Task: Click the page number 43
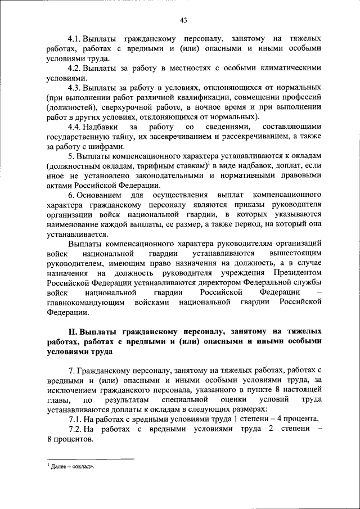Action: point(183,20)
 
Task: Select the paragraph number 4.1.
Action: point(74,39)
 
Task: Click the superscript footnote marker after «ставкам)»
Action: point(209,164)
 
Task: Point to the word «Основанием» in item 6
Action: point(99,195)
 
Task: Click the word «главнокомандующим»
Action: point(88,303)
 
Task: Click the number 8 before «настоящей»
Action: point(277,390)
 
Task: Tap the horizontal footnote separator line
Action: point(91,459)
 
